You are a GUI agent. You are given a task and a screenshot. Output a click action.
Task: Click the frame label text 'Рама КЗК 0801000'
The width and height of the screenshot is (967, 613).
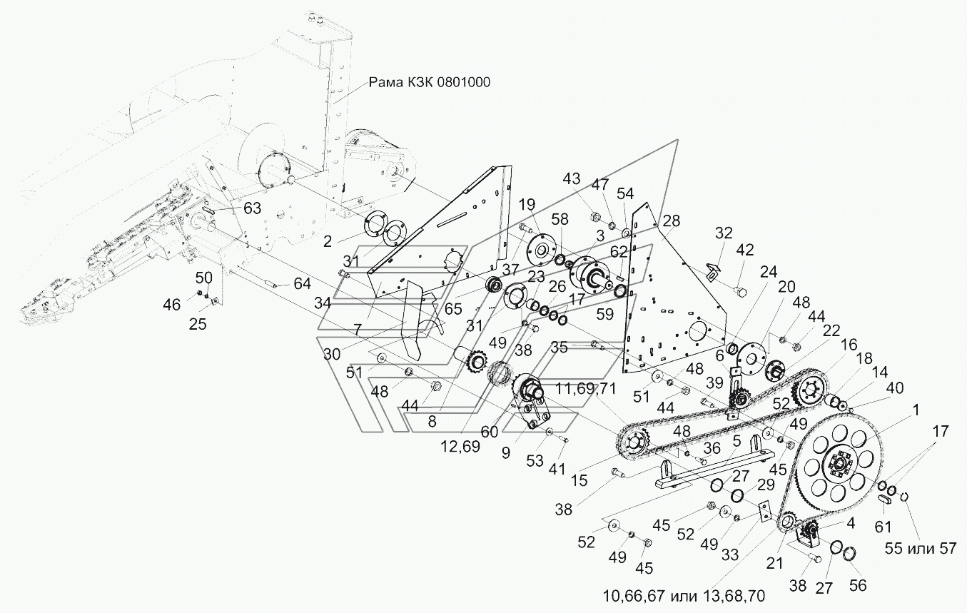[429, 82]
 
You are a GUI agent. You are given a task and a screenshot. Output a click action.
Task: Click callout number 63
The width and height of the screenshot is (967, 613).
[252, 208]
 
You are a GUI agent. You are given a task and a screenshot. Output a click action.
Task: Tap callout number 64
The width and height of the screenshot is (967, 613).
[302, 283]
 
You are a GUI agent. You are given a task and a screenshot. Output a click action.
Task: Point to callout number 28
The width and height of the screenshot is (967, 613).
[672, 221]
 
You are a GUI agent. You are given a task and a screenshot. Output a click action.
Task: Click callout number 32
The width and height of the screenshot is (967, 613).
[724, 233]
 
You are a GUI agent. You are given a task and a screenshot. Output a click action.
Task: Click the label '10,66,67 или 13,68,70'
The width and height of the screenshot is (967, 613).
[684, 596]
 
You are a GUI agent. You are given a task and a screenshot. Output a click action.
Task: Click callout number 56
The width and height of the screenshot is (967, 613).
[858, 585]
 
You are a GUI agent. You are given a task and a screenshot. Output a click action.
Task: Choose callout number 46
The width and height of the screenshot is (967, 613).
[172, 305]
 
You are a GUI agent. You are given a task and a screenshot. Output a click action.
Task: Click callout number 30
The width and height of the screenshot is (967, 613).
[332, 355]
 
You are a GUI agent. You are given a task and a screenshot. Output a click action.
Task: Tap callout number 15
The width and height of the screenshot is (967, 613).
[579, 480]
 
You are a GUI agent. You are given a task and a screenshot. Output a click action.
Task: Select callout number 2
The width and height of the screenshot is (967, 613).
[328, 241]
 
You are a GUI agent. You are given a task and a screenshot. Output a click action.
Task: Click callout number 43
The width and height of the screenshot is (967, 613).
[571, 179]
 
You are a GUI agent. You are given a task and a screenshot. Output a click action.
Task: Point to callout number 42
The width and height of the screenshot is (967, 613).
[744, 250]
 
